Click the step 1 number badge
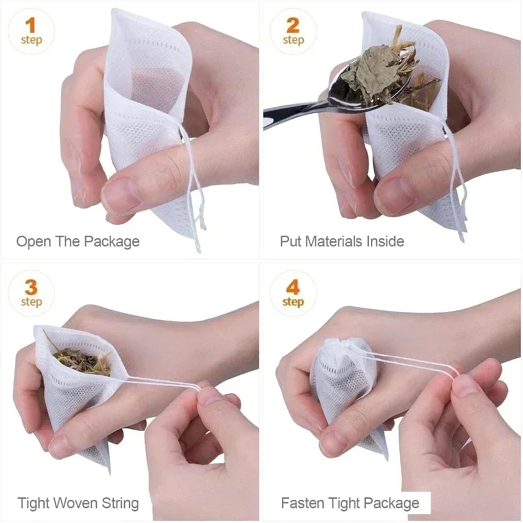[31, 31]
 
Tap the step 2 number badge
[293, 31]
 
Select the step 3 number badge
[31, 293]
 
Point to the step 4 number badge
[293, 293]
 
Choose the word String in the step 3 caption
[120, 503]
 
